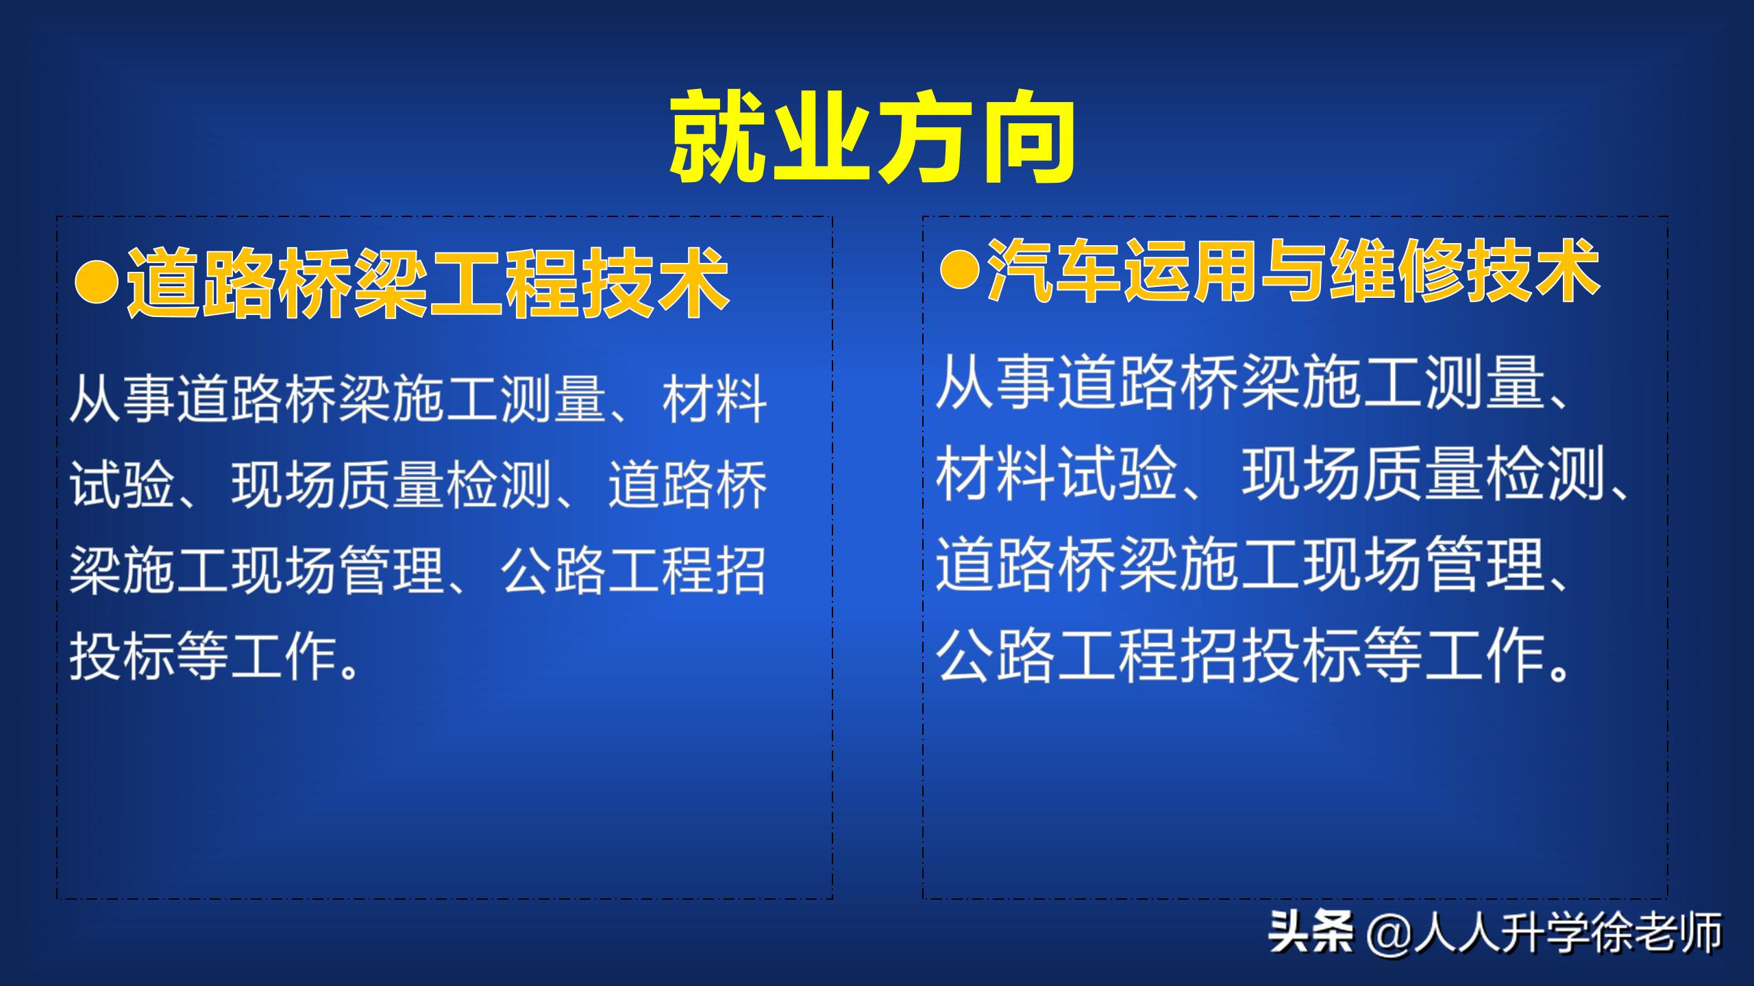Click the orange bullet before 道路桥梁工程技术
97,283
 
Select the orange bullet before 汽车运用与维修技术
959,271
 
